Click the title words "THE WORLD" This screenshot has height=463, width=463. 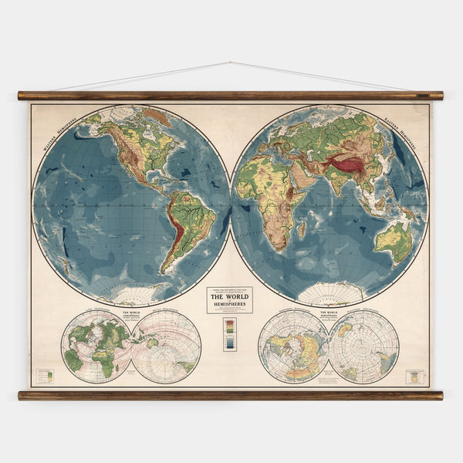point(228,296)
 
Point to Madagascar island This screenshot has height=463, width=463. point(301,229)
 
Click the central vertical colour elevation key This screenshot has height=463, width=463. point(229,333)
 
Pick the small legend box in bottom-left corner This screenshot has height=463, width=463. point(45,376)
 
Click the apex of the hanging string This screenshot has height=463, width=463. point(230,63)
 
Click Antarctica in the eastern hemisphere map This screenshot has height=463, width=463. point(330,292)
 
